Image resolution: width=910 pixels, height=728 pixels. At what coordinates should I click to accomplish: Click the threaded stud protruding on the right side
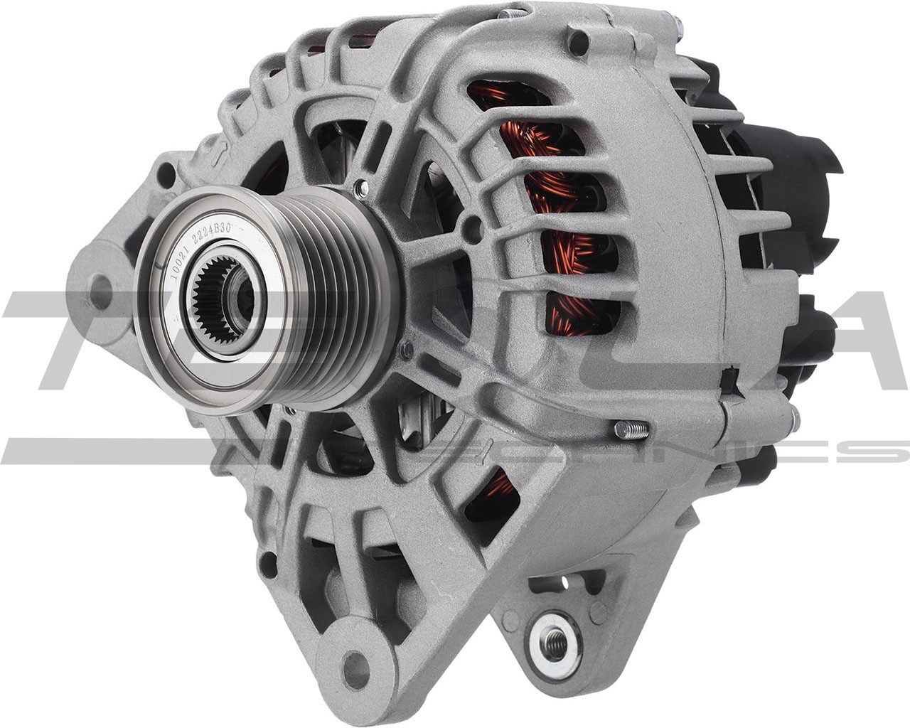point(630,429)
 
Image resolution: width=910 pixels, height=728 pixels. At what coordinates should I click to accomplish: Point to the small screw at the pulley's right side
point(406,348)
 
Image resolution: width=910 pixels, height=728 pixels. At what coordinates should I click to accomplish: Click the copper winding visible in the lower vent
point(498,491)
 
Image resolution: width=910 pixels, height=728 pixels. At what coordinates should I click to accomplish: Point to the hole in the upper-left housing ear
point(165,175)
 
